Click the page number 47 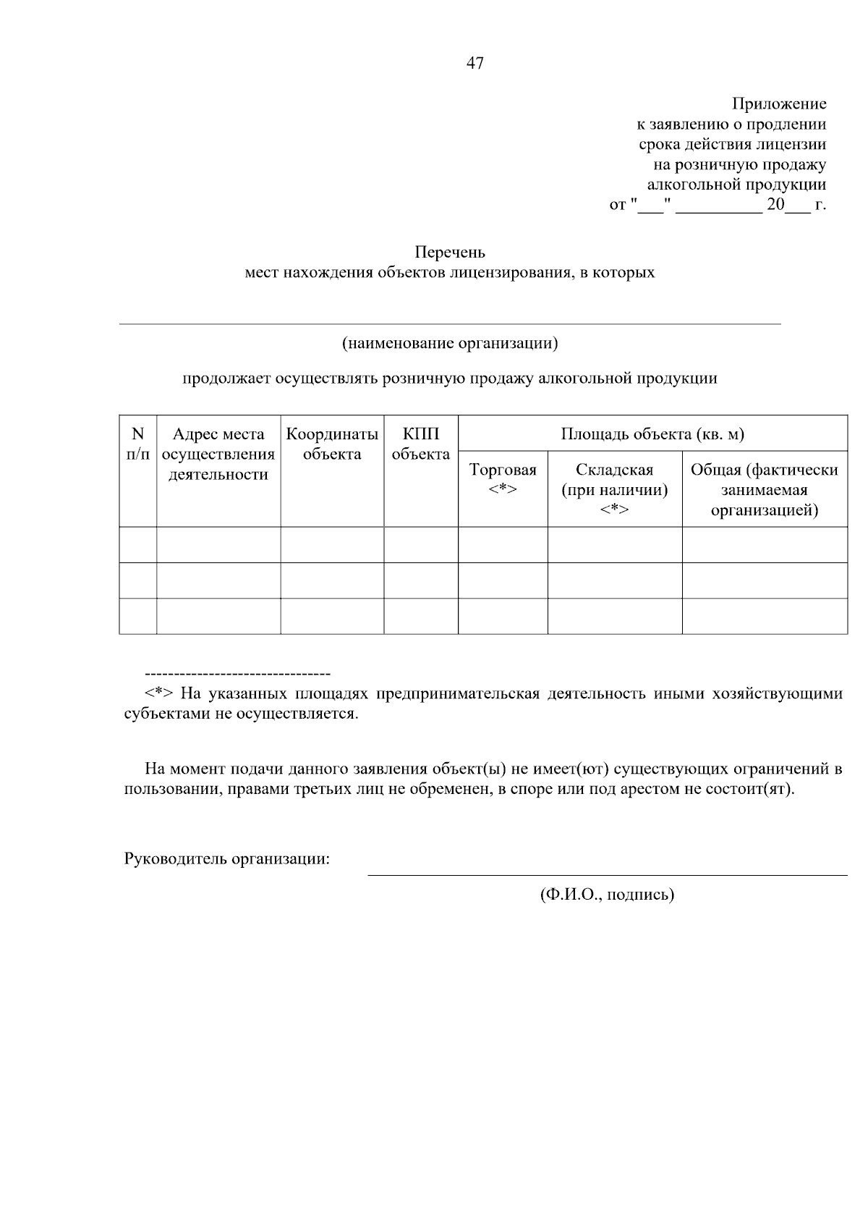[x=475, y=64]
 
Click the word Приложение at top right [x=779, y=104]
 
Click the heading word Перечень [x=449, y=253]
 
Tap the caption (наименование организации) [x=450, y=342]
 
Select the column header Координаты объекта [x=332, y=444]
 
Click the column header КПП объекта [x=420, y=444]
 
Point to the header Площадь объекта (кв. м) [x=652, y=434]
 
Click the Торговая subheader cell [x=503, y=479]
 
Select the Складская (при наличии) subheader [x=614, y=489]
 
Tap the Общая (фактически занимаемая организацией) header [x=764, y=489]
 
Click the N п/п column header [x=137, y=444]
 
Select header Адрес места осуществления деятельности [x=218, y=455]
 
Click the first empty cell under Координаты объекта [x=332, y=544]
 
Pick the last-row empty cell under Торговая [x=503, y=616]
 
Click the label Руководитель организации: [x=227, y=859]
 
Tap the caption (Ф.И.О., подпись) [x=607, y=895]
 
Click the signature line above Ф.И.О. [x=607, y=875]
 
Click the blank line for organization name [x=449, y=323]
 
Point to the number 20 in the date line [x=775, y=205]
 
